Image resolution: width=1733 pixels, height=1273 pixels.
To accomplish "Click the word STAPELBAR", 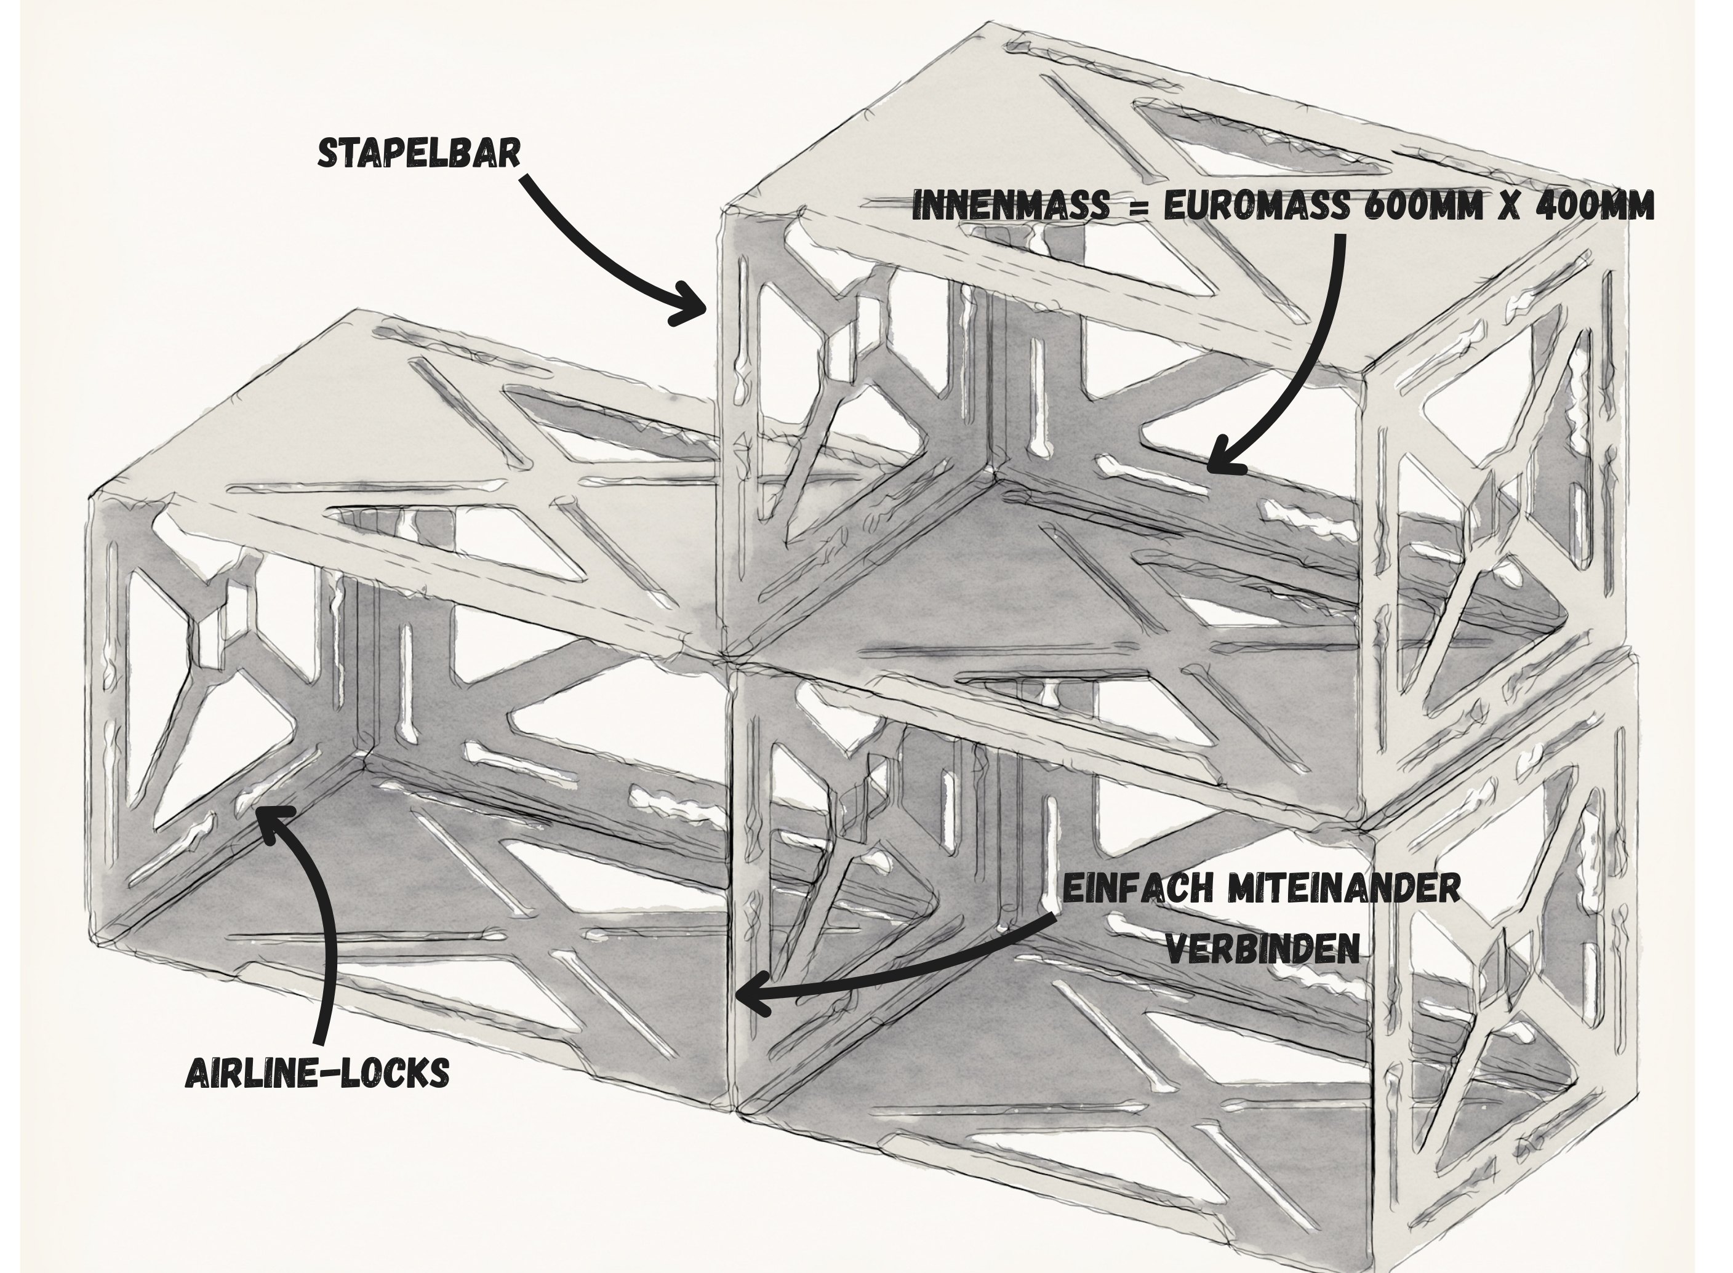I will (x=418, y=153).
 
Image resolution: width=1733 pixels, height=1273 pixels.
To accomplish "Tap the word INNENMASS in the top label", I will (x=1011, y=206).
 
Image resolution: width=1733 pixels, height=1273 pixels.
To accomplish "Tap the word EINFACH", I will (x=1137, y=888).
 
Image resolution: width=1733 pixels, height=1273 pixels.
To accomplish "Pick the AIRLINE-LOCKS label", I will (x=318, y=1072).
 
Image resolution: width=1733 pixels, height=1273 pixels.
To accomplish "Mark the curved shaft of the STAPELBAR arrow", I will (x=586, y=247).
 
